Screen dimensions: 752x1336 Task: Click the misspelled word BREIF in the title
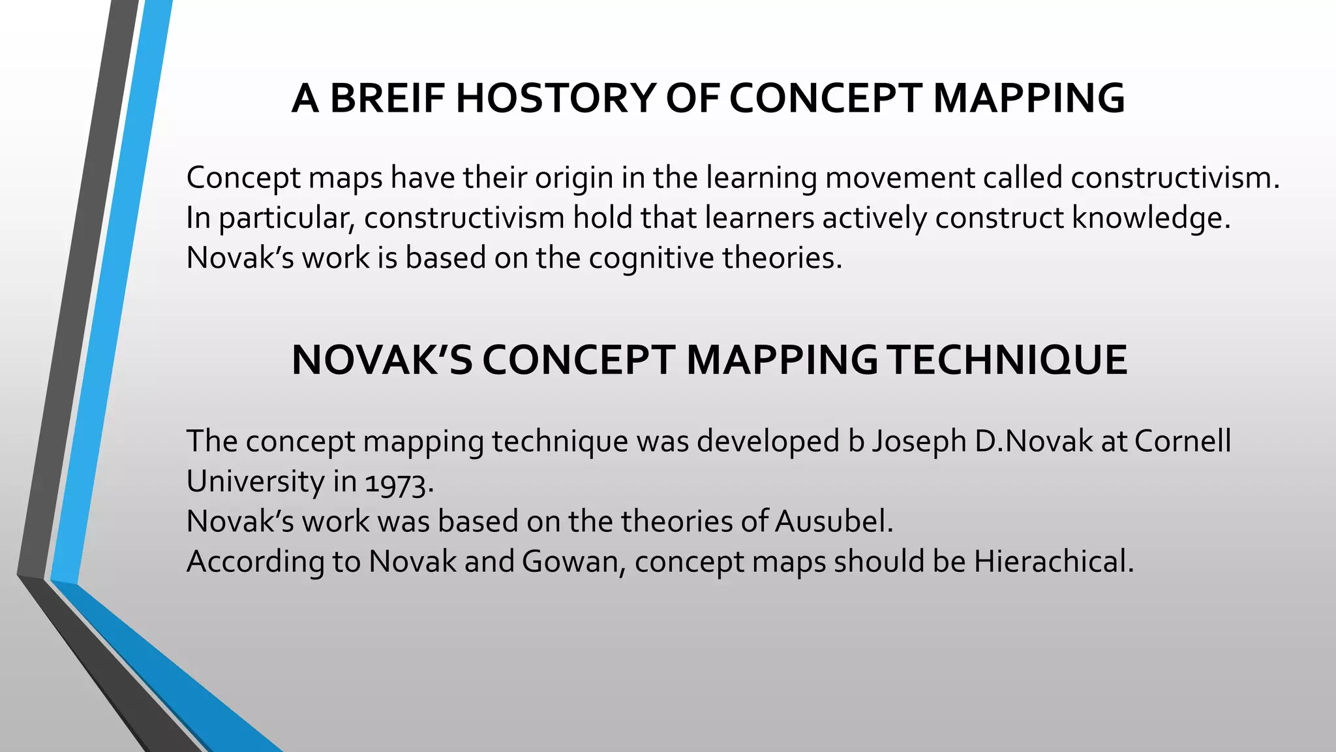pyautogui.click(x=387, y=99)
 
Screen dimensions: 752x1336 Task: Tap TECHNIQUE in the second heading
pyautogui.click(x=1009, y=360)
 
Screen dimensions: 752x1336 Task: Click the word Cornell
pyautogui.click(x=1182, y=442)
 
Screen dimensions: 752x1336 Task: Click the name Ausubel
pyautogui.click(x=833, y=522)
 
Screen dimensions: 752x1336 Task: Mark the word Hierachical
pyautogui.click(x=1054, y=562)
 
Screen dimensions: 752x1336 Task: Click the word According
pyautogui.click(x=255, y=562)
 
